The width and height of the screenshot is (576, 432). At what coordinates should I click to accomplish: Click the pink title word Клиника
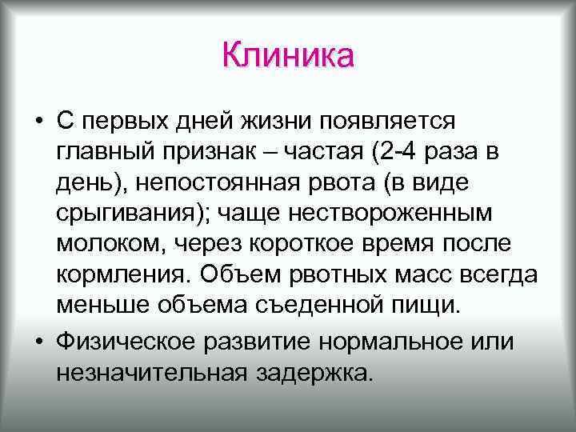pyautogui.click(x=287, y=55)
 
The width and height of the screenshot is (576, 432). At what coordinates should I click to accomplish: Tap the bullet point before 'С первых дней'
pyautogui.click(x=38, y=122)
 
